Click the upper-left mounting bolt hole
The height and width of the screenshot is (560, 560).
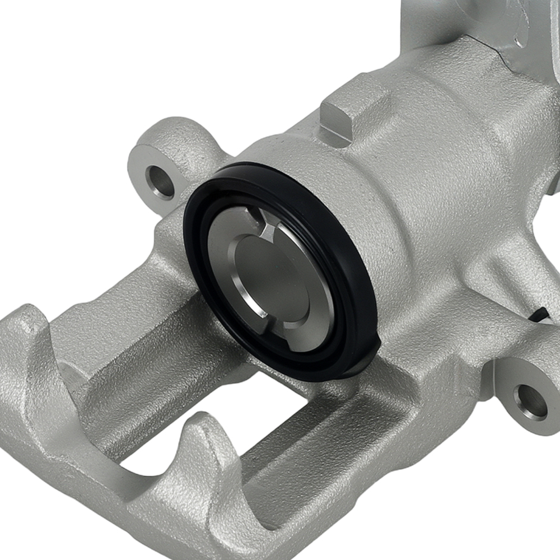pos(160,181)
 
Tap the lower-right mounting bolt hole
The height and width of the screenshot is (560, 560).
pos(530,402)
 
